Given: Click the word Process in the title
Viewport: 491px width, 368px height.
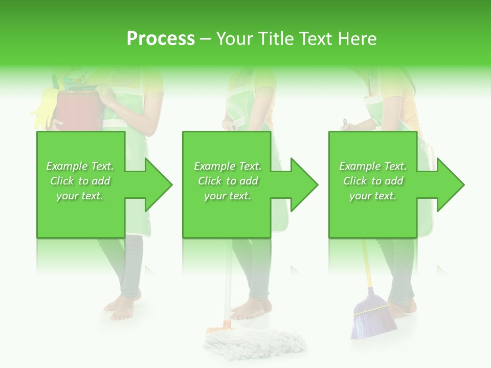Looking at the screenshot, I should point(161,39).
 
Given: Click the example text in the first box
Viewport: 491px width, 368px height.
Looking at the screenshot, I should point(80,181).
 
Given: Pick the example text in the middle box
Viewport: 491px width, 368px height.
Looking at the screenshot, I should point(227,181).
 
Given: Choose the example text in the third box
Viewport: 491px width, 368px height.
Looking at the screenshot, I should point(373,181).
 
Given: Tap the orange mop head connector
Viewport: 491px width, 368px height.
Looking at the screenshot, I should point(219,324).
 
